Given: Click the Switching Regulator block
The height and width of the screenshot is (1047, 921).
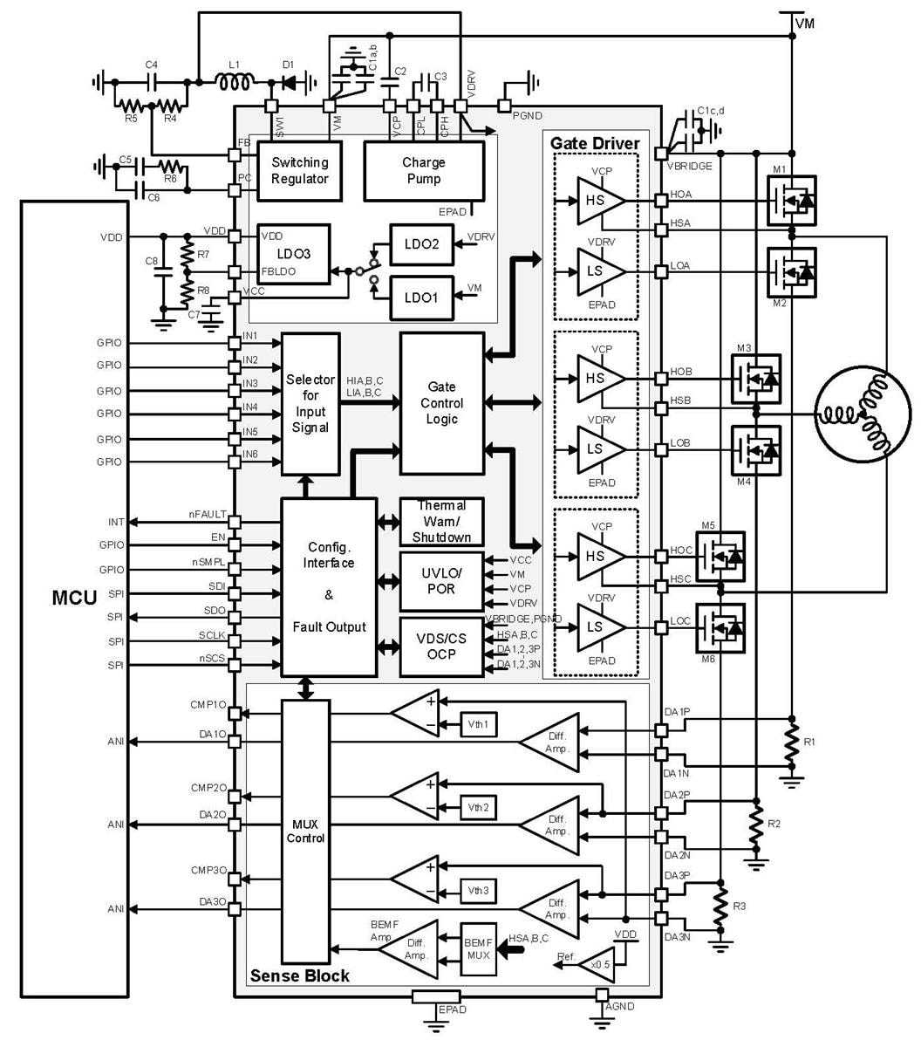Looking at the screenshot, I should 299,171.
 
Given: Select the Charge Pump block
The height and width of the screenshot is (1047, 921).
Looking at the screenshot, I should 423,171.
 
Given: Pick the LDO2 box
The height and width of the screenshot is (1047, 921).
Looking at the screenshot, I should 421,244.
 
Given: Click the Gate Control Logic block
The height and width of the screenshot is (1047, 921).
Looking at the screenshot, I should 441,403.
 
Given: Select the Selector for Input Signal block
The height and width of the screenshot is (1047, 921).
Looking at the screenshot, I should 310,404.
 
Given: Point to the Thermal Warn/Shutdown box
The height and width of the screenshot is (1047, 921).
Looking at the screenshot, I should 441,522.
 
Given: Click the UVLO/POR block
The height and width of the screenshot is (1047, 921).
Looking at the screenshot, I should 441,581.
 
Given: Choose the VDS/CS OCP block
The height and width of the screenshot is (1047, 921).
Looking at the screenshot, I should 441,647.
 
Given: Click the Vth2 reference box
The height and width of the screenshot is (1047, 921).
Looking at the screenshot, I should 478,808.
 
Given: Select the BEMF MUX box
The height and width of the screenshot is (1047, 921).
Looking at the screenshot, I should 478,948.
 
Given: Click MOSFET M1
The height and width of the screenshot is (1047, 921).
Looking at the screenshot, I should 791,201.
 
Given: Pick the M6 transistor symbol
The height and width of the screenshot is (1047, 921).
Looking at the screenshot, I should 720,627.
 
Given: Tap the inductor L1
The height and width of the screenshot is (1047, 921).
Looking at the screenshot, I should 234,82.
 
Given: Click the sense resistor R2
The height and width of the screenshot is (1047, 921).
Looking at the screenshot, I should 755,825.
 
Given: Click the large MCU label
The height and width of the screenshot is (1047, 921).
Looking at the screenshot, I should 74,598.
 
